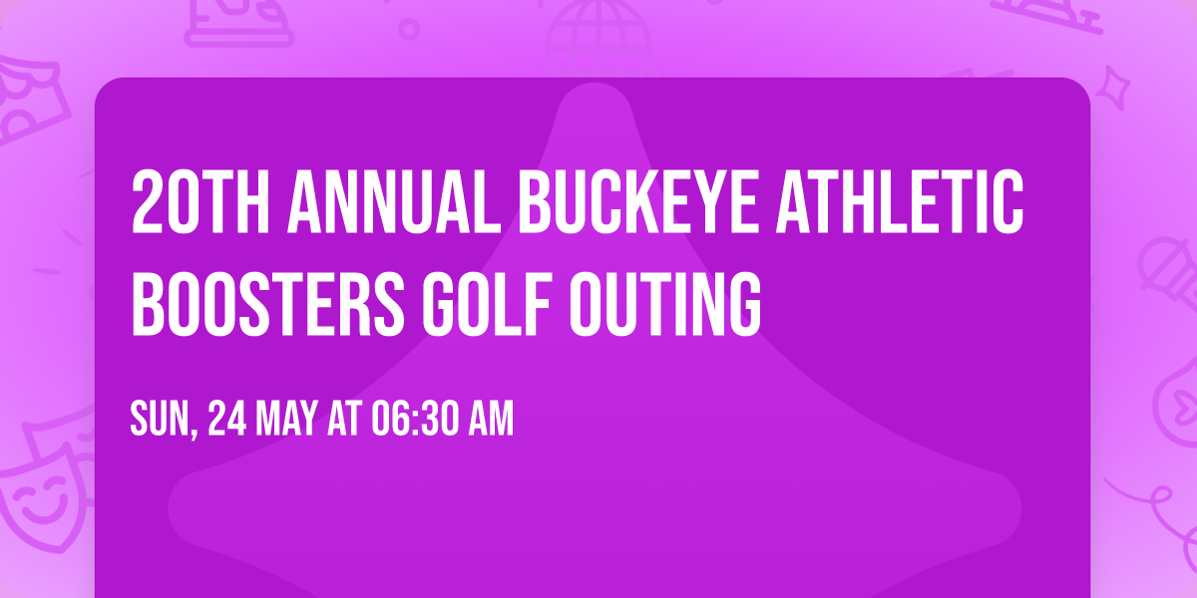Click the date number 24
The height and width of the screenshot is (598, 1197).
[x=228, y=420]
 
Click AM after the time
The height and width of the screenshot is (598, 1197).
[x=491, y=420]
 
